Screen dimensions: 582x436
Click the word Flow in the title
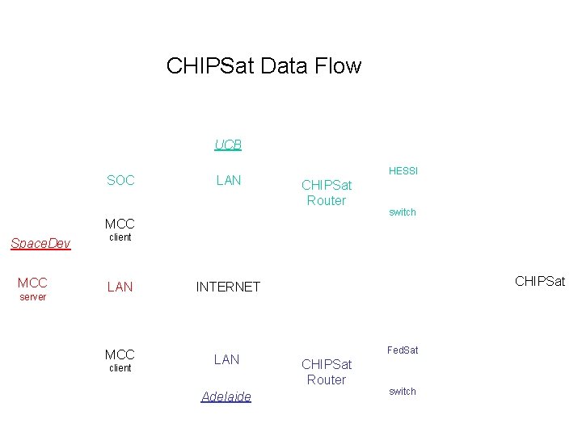pos(339,65)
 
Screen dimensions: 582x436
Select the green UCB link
pos(228,145)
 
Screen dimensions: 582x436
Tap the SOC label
pos(120,180)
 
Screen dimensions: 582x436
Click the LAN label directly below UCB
pos(229,180)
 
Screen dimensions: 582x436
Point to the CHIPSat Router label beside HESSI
pos(327,193)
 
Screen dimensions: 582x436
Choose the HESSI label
pos(403,171)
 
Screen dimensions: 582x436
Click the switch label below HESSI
pos(402,212)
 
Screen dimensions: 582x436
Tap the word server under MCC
pos(32,297)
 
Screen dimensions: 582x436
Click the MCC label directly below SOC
pos(120,224)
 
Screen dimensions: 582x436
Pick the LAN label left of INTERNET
pos(120,287)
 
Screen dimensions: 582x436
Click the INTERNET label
pos(228,287)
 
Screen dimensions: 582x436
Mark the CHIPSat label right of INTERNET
pos(539,281)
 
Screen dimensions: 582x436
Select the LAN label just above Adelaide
pos(226,359)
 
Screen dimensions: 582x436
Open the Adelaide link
pos(226,396)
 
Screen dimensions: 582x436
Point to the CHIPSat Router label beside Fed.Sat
pos(327,372)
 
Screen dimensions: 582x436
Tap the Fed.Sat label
pos(402,350)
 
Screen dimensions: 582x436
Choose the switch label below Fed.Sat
pos(402,392)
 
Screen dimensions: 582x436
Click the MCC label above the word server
pos(32,283)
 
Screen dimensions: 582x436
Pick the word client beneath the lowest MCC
pos(120,368)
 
